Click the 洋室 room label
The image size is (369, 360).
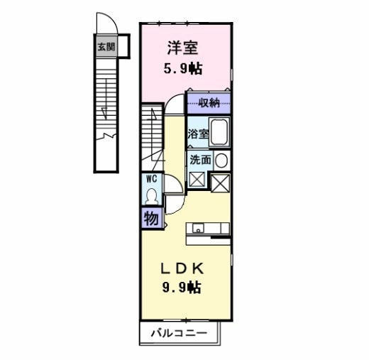[182, 48]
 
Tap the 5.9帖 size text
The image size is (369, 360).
[183, 70]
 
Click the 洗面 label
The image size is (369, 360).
[199, 160]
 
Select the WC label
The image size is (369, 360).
[150, 179]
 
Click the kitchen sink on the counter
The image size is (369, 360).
[197, 228]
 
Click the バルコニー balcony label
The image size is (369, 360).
[178, 332]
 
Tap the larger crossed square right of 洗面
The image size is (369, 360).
[221, 182]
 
